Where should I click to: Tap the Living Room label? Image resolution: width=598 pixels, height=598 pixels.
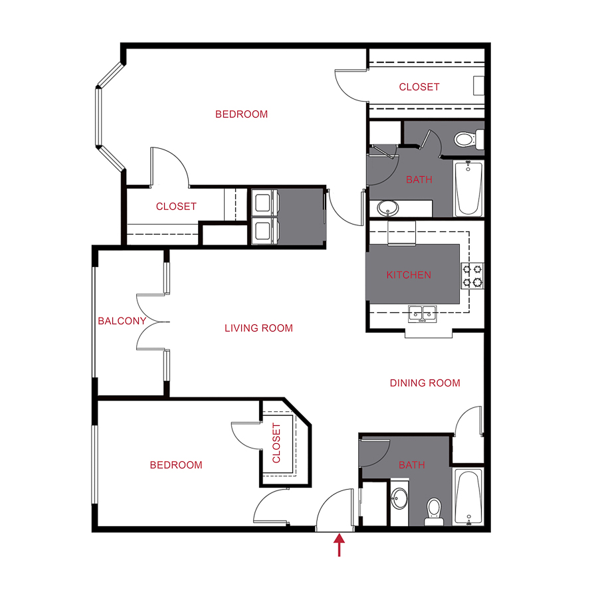(258, 328)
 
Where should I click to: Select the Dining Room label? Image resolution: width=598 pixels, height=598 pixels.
(425, 383)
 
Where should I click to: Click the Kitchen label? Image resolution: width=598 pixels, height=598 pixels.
(409, 275)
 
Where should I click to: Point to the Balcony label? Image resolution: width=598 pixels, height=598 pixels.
(122, 321)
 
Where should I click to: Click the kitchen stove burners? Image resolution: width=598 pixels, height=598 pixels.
(472, 276)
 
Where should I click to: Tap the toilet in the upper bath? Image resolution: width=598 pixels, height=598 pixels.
(464, 139)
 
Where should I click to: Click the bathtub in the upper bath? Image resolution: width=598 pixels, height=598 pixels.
(468, 189)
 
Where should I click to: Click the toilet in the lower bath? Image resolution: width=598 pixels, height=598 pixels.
(434, 510)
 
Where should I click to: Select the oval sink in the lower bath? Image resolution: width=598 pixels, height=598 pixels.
(400, 499)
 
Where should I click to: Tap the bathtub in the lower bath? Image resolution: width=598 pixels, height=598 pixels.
(469, 496)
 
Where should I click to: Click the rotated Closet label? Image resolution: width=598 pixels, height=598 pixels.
(277, 443)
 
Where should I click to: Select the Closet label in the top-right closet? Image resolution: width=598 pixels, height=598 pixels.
(419, 87)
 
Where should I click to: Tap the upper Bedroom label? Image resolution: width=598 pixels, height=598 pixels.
(241, 114)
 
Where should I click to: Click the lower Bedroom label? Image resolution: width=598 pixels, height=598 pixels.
(175, 465)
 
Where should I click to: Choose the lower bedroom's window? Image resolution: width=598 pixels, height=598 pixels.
(95, 465)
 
